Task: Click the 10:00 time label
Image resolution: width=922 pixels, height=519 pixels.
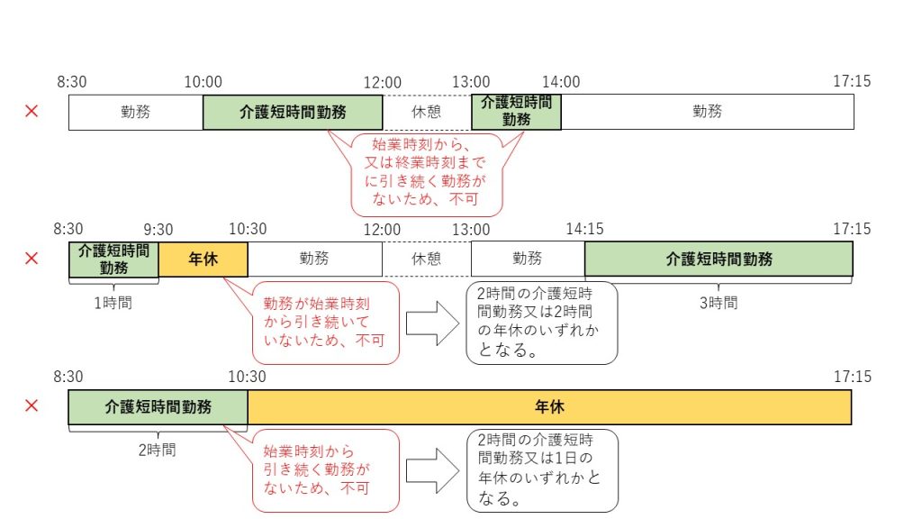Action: (203, 82)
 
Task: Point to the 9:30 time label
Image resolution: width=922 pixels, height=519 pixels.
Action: (158, 229)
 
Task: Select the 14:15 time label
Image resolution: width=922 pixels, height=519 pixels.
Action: (584, 229)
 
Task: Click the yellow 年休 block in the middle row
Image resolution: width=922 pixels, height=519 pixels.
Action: (203, 259)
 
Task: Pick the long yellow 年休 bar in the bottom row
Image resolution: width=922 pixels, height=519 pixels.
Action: (549, 406)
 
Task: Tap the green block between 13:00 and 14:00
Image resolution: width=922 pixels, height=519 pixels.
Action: (516, 112)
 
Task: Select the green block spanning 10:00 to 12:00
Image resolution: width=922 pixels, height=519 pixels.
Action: (293, 112)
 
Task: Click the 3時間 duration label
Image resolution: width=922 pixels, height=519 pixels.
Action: (718, 303)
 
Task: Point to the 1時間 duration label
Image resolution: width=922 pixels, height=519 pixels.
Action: (113, 303)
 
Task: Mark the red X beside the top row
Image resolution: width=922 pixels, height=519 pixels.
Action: (32, 112)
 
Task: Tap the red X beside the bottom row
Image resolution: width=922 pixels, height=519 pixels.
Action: (32, 406)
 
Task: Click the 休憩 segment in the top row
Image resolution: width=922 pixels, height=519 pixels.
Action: (427, 112)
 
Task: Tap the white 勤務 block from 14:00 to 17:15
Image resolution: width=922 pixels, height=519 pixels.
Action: (707, 112)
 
